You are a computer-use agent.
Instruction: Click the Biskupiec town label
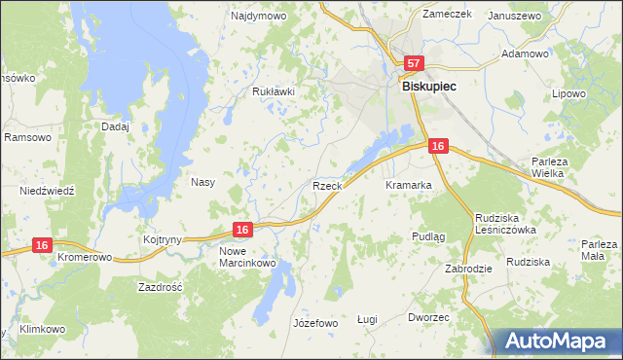click(x=430, y=86)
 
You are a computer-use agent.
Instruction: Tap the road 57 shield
click(x=414, y=64)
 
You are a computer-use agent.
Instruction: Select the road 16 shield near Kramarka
click(x=438, y=146)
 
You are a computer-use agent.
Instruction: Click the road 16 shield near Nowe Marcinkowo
click(x=243, y=230)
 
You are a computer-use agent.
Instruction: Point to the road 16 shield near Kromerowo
click(x=41, y=246)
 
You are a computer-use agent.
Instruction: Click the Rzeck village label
click(x=326, y=185)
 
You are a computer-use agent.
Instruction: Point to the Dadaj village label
click(x=116, y=126)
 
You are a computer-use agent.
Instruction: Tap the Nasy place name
click(x=202, y=182)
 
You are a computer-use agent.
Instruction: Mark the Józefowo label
click(x=314, y=323)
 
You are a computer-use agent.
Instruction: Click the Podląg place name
click(x=428, y=236)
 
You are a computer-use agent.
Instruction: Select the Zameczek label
click(x=447, y=14)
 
